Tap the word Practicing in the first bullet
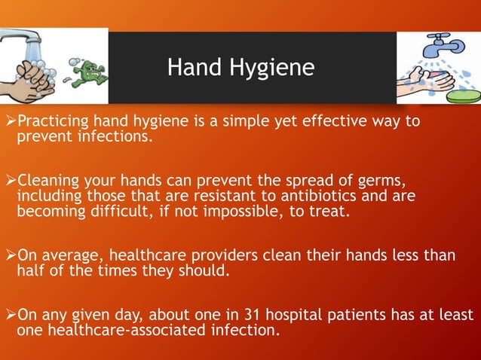(54, 121)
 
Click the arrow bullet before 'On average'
(10, 255)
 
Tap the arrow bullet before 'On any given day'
(10, 314)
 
